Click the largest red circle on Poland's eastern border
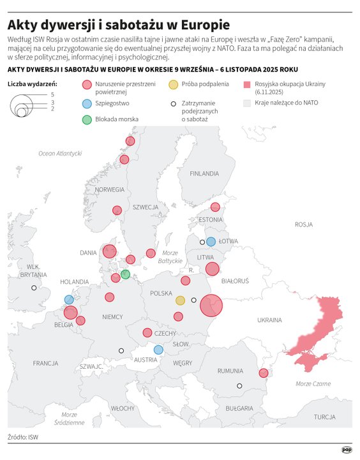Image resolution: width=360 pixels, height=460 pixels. point(211,305)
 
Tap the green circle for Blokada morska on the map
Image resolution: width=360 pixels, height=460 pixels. point(125,274)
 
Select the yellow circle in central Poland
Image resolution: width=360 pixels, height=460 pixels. point(181,300)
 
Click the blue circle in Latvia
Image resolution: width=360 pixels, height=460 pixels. point(211,242)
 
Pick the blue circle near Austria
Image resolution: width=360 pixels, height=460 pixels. point(158,350)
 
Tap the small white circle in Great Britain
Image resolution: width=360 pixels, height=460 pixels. point(34,288)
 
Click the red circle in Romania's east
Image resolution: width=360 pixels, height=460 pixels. point(263,373)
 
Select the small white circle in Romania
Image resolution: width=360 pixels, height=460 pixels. point(239,386)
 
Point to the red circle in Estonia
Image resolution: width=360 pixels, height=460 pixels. point(215,207)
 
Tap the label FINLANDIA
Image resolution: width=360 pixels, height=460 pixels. point(204,173)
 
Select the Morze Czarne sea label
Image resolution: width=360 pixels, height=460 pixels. point(313,383)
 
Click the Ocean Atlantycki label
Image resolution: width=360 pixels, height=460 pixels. point(60,153)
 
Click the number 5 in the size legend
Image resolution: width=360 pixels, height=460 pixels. point(52,94)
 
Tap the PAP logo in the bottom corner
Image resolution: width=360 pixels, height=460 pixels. point(346,449)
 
